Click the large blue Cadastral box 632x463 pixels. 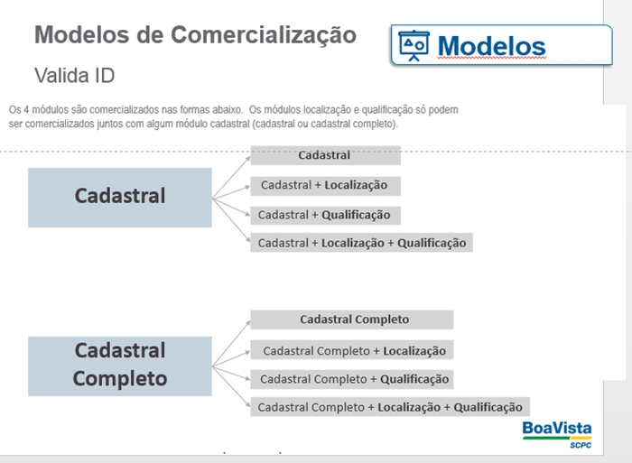pos(120,198)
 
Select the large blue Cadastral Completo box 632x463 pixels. pos(120,366)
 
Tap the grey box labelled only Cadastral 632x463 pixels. pos(325,155)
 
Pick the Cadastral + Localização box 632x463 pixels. pos(325,186)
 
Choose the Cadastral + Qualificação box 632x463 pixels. pos(325,215)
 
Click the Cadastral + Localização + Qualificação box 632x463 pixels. pos(361,243)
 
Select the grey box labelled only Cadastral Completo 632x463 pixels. pos(352,319)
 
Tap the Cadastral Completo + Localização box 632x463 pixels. pos(352,350)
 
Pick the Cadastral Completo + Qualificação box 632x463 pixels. pos(352,379)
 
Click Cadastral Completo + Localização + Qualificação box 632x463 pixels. pos(390,407)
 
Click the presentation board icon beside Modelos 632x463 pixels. pos(414,45)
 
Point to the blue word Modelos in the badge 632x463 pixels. pos(492,46)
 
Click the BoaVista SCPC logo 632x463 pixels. pos(557,434)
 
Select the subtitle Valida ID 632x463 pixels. pos(75,75)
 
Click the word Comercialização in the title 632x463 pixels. pos(264,34)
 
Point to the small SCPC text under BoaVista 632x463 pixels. pos(581,445)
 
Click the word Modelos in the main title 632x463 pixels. pos(82,34)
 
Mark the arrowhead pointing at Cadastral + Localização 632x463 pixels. pos(247,187)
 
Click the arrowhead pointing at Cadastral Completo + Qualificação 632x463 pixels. pos(247,377)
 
